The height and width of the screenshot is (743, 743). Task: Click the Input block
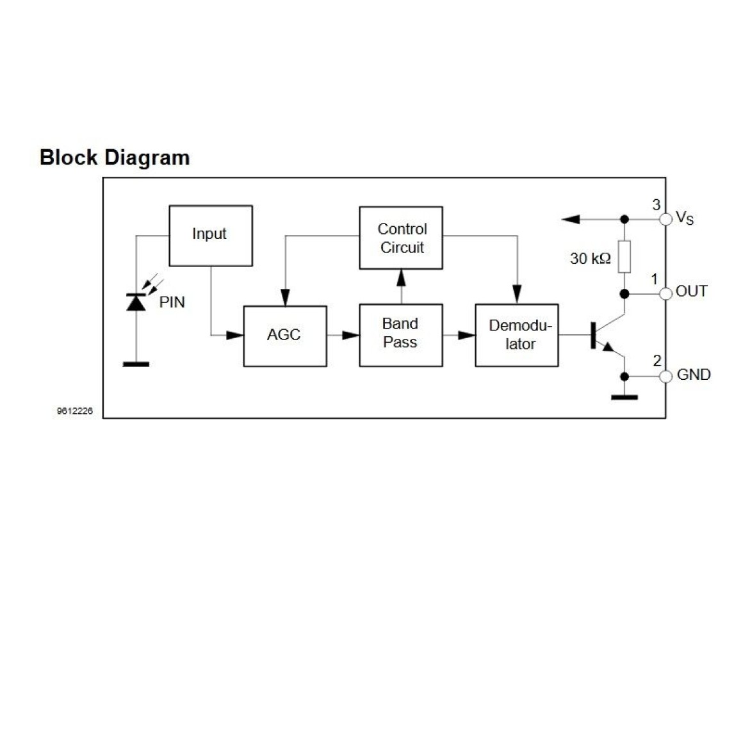(210, 235)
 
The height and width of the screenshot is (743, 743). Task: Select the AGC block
(284, 336)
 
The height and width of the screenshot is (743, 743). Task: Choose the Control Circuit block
(401, 238)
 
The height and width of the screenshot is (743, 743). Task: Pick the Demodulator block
(516, 335)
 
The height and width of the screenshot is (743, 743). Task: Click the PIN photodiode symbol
(136, 302)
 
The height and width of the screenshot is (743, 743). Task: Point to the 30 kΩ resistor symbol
(625, 256)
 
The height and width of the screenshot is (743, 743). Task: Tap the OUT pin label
(691, 291)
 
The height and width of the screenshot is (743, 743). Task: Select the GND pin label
(693, 375)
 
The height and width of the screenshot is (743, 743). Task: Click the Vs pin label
(684, 219)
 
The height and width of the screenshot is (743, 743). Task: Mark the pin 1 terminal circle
(665, 293)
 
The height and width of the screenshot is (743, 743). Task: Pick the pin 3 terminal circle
(665, 219)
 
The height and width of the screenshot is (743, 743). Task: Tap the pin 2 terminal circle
(665, 376)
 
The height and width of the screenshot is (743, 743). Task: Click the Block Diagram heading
(115, 158)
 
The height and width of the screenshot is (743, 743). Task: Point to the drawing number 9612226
(74, 411)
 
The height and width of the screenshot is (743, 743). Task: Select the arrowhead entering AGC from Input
(235, 335)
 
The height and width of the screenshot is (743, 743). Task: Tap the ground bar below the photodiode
(136, 364)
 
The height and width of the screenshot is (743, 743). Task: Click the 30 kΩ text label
(590, 259)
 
